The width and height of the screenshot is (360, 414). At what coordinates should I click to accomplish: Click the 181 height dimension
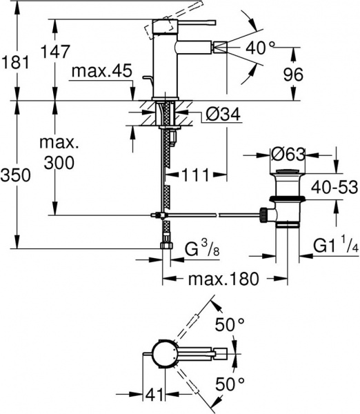coord(16,62)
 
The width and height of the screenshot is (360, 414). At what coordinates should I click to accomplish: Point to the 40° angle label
coord(262,48)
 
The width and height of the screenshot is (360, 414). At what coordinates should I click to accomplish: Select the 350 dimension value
coord(16,176)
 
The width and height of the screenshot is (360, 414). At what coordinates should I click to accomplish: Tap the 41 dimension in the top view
coord(153,396)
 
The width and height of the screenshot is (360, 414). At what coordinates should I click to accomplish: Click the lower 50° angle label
coord(230,383)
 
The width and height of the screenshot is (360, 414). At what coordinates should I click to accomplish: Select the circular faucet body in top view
coord(165,354)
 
